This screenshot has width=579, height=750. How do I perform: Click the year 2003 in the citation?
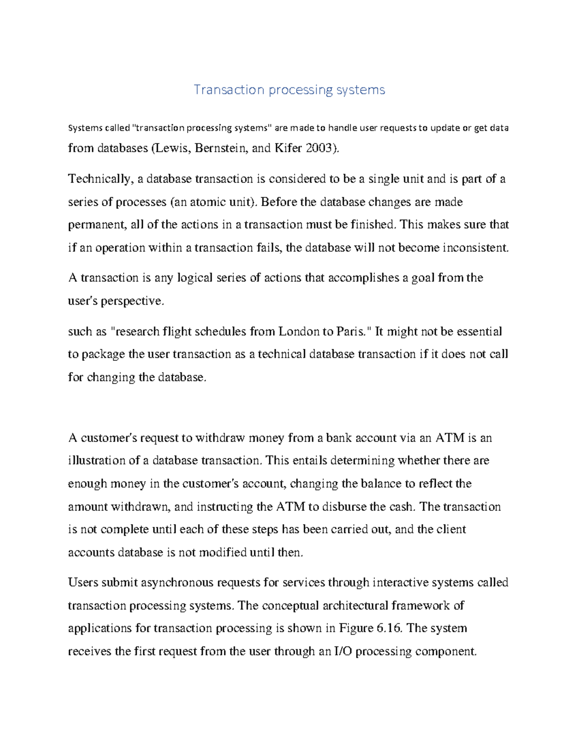click(x=319, y=148)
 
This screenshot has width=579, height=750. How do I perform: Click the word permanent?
click(x=97, y=225)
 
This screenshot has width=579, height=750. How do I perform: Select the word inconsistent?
click(x=475, y=248)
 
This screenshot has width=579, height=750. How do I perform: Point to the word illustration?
click(x=97, y=461)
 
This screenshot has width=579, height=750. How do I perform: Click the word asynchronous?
click(x=178, y=583)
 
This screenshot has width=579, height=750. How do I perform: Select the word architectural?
click(x=356, y=606)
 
